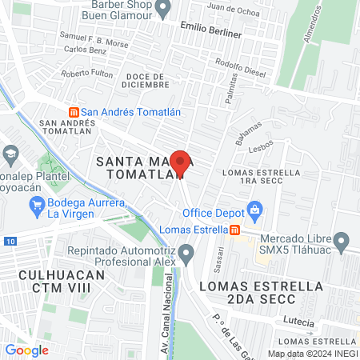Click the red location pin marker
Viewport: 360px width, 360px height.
181,163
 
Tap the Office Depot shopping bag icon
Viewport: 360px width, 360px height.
255,212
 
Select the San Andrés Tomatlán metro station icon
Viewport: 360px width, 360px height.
74,112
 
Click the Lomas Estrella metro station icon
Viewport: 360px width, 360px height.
235,230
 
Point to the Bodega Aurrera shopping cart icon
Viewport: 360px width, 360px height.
37,207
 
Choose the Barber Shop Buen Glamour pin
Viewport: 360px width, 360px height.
164,10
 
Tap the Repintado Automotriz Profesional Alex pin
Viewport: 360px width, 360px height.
186,255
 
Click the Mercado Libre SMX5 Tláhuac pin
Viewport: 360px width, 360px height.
342,240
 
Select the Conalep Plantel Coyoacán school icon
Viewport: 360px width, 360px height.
11,152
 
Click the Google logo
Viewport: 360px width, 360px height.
26,350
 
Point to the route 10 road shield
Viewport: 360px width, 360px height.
8,240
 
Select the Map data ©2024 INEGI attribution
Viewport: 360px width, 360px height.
312,354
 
